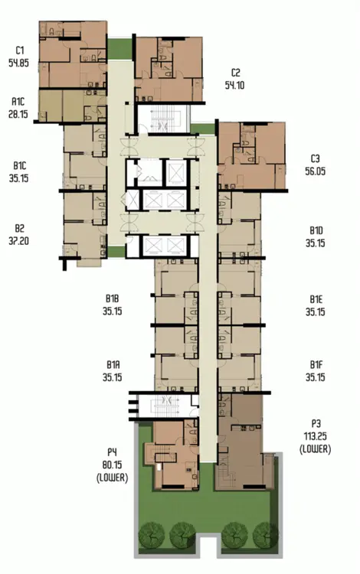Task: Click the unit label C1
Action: (19, 51)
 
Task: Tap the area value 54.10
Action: (234, 85)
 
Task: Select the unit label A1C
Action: (18, 101)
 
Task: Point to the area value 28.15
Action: (18, 114)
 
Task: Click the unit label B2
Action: (19, 228)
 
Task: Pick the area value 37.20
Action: (18, 241)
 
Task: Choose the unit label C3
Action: (315, 158)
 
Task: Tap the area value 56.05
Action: (316, 171)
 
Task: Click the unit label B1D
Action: (316, 230)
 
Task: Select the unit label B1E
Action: (316, 299)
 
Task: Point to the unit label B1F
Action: (316, 364)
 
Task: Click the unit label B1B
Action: (112, 298)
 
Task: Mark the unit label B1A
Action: (113, 364)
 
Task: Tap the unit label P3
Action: (316, 423)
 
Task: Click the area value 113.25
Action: (316, 436)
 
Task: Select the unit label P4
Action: (112, 452)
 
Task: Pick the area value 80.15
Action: (112, 465)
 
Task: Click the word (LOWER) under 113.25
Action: (316, 449)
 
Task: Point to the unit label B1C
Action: (19, 166)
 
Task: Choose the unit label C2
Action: (235, 73)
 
